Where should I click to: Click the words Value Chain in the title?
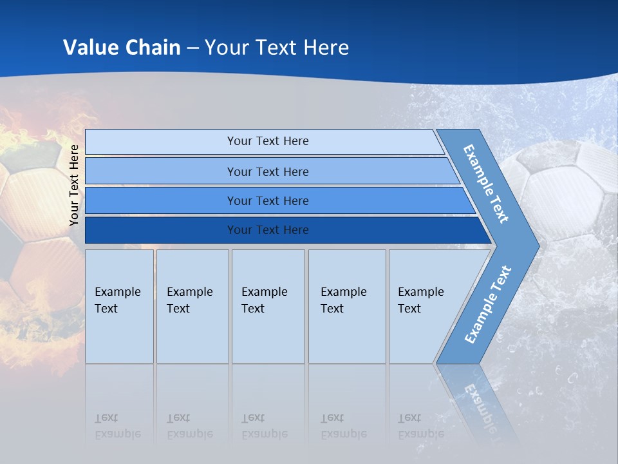122,47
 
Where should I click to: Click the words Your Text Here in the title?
277,47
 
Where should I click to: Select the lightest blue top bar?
267,141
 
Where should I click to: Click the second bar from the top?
267,171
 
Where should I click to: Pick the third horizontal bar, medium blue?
267,200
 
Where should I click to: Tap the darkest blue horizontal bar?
267,230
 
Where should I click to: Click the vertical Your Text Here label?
75,185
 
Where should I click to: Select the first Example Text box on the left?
119,306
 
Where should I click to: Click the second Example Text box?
192,306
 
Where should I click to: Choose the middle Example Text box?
268,306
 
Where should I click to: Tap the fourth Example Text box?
347,306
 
